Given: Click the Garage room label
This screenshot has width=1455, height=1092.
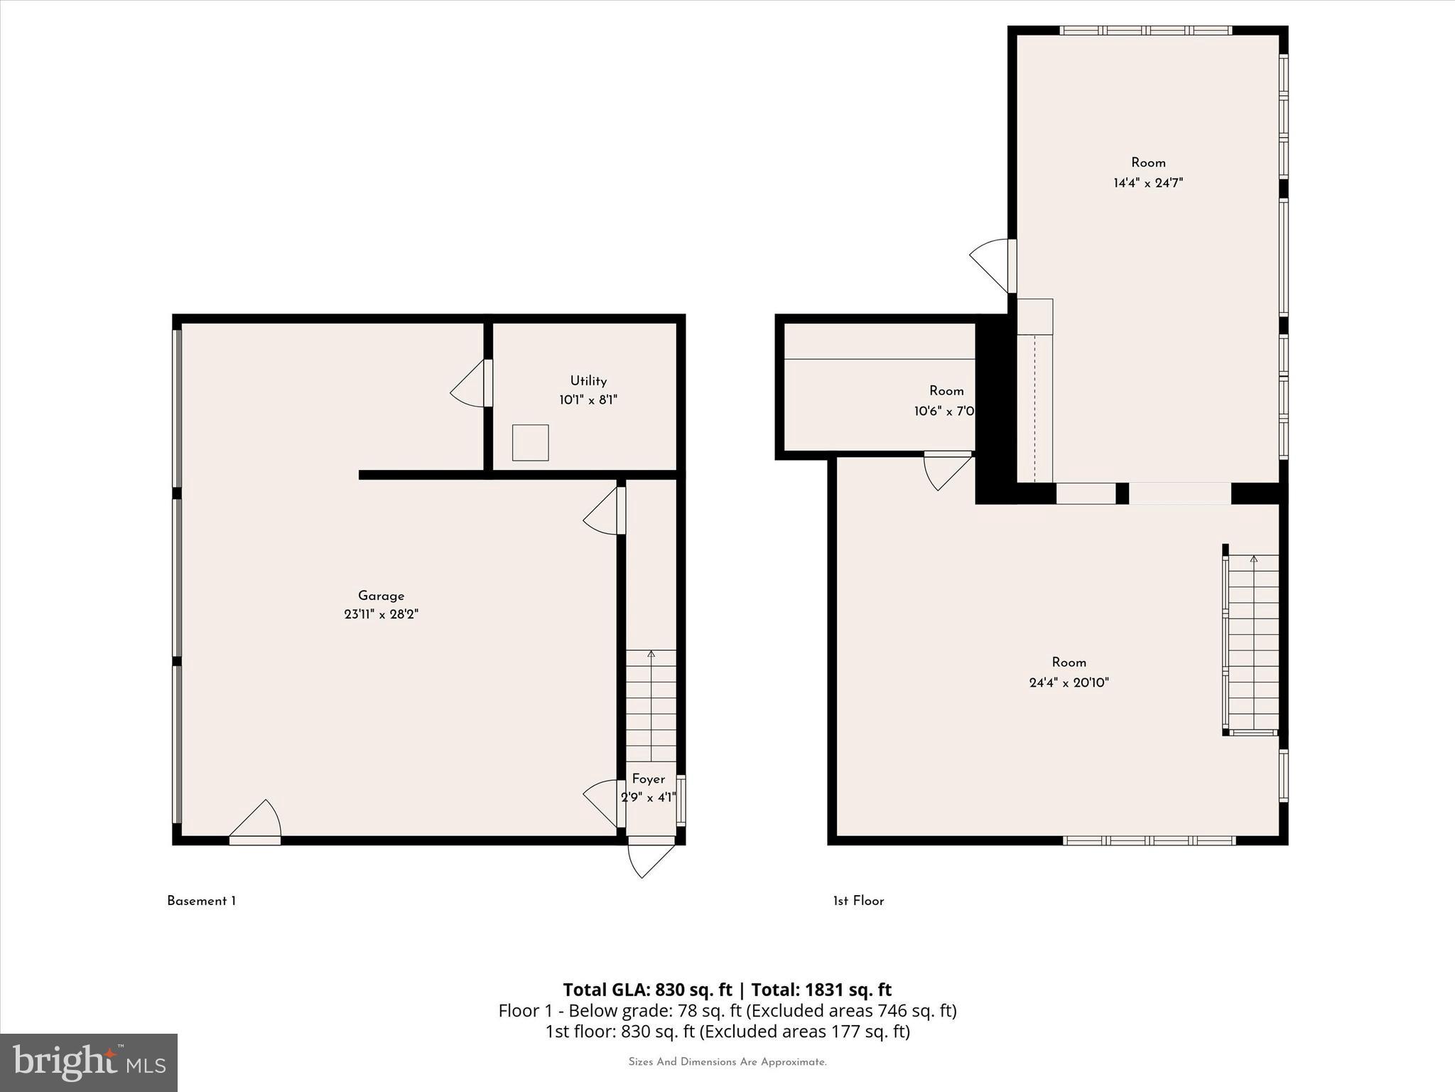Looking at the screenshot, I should (381, 596).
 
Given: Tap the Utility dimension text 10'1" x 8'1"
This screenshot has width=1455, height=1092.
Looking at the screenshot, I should (588, 400).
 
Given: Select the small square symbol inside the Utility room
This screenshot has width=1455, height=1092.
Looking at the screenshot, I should (530, 442).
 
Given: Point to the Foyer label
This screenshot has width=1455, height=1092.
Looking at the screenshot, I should (648, 778).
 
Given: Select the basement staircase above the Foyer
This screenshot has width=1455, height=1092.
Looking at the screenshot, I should (651, 705).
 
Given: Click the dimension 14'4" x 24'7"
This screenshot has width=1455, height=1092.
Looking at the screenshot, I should (1147, 183).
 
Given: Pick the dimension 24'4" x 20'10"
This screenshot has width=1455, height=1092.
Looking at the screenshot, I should (1069, 682).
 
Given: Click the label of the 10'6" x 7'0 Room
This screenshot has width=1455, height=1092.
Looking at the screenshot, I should (946, 390).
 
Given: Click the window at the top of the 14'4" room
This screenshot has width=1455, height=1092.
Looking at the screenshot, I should (1145, 31).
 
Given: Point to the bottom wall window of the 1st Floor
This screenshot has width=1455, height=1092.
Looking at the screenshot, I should (1149, 840).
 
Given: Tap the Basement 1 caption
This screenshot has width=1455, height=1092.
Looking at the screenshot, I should (201, 901).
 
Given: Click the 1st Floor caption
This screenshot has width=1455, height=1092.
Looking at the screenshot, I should (858, 901).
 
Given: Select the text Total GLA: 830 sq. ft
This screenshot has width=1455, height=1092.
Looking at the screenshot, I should (647, 990).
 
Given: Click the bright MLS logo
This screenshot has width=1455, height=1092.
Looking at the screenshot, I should (89, 1062).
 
